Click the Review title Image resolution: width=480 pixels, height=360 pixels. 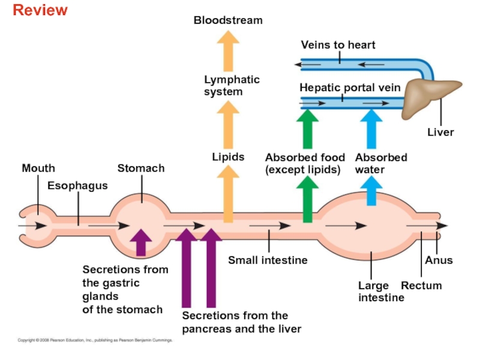pos(40,10)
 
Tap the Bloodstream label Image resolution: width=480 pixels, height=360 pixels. pos(228,20)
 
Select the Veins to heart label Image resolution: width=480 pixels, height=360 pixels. pos(338,45)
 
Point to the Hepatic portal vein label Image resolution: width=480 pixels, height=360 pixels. pos(350,88)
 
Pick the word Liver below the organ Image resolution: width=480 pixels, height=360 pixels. pos(440,132)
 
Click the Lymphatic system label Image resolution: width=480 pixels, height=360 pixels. pos(232,85)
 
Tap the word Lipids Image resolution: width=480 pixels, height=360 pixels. pos(228,157)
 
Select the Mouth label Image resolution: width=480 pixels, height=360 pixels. pos(38,169)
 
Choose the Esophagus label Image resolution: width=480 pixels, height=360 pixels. pos(77,185)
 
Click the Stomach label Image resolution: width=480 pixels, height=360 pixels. pos(141,169)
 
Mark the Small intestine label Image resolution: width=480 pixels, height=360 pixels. pos(268,260)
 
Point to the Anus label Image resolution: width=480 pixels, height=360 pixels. pos(439,260)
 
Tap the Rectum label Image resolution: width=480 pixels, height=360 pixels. pos(421,286)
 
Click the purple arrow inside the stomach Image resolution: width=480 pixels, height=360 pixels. pos(140,242)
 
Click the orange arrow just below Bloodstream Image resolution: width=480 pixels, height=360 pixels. pos(228,51)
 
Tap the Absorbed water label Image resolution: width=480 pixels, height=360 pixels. pos(380,163)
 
